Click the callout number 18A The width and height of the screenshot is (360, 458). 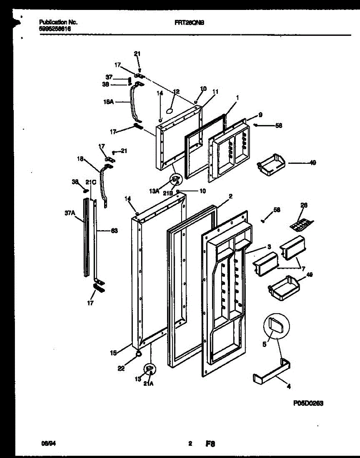108,102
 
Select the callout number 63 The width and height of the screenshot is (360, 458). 114,231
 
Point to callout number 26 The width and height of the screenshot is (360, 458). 303,205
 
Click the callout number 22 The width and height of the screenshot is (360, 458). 121,368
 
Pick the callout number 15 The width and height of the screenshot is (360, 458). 113,353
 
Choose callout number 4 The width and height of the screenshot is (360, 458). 289,386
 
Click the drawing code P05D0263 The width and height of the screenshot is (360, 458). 309,403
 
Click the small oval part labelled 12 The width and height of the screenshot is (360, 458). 170,110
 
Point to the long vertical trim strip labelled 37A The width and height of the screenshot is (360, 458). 87,237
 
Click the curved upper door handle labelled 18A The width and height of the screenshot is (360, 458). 134,103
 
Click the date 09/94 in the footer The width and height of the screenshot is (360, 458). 46,444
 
